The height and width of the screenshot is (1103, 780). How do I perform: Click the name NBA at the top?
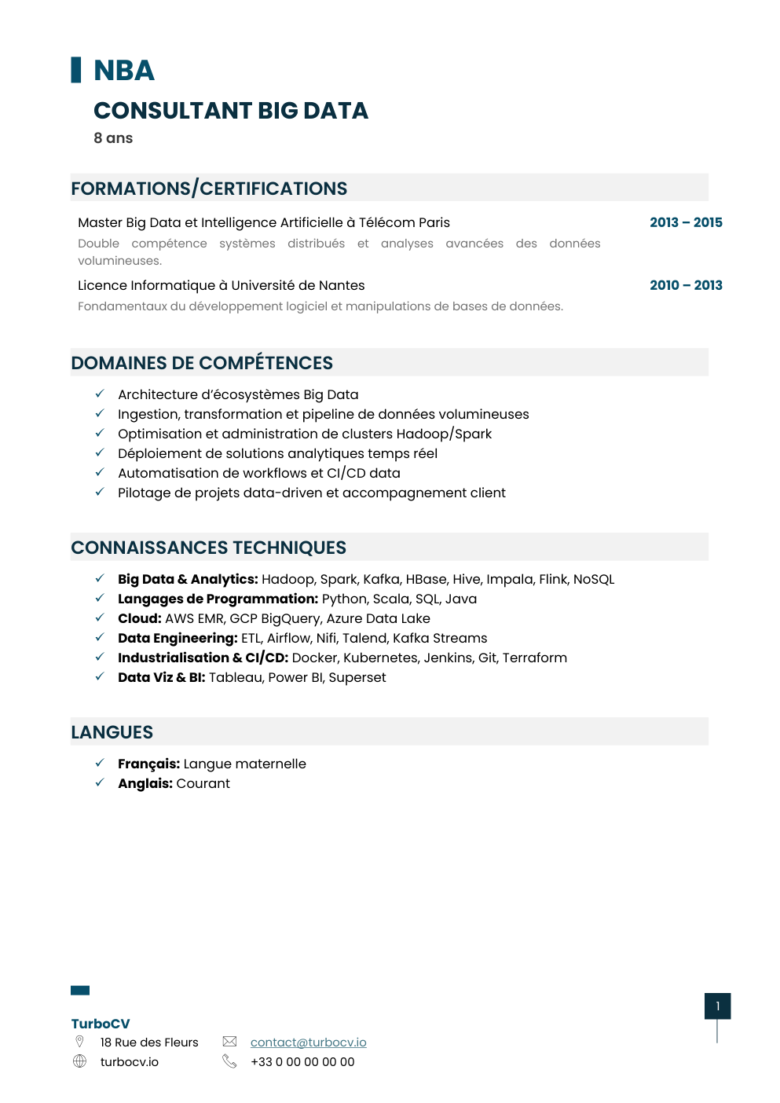pyautogui.click(x=124, y=71)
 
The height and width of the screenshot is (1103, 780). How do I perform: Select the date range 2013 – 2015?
pyautogui.click(x=686, y=222)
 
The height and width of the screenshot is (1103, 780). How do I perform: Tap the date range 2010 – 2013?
pyautogui.click(x=686, y=285)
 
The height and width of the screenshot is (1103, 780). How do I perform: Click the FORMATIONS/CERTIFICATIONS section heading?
pyautogui.click(x=209, y=189)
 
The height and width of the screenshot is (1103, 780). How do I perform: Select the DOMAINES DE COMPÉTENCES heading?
pyautogui.click(x=202, y=363)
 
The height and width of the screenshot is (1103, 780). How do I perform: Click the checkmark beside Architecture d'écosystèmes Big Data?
pyautogui.click(x=100, y=394)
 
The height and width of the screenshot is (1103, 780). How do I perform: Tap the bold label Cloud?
pyautogui.click(x=140, y=618)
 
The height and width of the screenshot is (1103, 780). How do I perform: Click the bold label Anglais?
pyautogui.click(x=145, y=783)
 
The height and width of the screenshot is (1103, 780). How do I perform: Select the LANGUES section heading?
pyautogui.click(x=112, y=732)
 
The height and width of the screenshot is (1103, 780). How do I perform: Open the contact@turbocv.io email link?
pyautogui.click(x=308, y=1043)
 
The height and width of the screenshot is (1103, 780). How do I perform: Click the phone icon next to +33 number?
pyautogui.click(x=229, y=1061)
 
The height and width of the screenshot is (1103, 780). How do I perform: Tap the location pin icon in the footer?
pyautogui.click(x=79, y=1042)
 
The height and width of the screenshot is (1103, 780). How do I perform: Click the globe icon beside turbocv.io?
pyautogui.click(x=79, y=1061)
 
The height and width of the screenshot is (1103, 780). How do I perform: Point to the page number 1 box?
pyautogui.click(x=717, y=1006)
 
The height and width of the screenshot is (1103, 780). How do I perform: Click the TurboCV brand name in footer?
pyautogui.click(x=101, y=1024)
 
